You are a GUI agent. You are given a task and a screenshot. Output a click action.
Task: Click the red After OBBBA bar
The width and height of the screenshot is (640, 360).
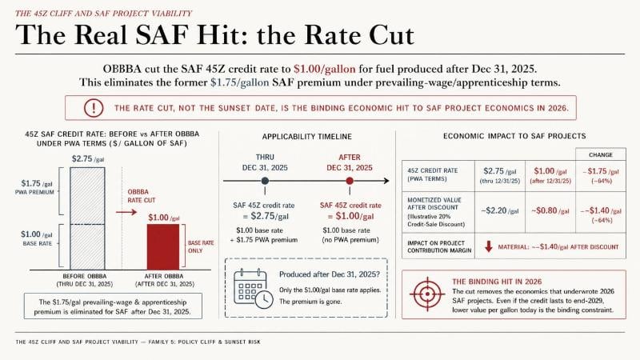click(163, 247)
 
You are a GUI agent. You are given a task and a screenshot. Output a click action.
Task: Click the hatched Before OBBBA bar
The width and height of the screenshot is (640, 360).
click(87, 218)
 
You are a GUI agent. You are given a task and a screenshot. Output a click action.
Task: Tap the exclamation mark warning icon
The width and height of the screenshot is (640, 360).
click(94, 108)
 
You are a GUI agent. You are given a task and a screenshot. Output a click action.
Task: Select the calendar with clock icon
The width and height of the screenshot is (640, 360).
click(253, 288)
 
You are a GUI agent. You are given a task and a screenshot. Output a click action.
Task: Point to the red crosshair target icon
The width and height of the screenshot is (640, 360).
click(427, 294)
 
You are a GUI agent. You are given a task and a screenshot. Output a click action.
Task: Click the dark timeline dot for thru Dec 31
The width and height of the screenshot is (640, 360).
click(265, 181)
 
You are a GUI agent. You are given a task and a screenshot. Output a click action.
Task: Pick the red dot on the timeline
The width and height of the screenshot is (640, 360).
click(350, 181)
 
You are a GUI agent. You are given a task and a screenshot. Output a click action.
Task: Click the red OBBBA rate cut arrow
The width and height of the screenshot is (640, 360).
click(126, 212)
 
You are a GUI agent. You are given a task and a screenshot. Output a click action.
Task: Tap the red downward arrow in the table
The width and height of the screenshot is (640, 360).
click(488, 246)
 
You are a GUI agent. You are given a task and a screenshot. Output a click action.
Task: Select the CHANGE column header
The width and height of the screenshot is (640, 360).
click(601, 154)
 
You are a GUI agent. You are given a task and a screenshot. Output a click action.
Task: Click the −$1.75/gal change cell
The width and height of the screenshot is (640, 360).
click(601, 175)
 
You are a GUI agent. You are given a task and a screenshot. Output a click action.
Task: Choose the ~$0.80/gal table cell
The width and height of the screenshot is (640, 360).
click(550, 210)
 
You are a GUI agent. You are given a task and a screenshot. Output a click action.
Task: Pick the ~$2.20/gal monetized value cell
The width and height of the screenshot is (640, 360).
click(499, 210)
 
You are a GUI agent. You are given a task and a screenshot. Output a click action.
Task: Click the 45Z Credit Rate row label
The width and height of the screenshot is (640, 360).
click(433, 174)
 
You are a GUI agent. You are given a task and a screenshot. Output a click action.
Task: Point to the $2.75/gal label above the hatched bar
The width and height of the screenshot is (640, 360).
click(88, 158)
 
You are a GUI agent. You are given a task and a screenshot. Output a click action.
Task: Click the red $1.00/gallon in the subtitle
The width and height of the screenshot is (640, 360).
click(325, 69)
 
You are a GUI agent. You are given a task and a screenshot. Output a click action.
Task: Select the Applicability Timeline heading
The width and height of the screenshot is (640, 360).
click(307, 137)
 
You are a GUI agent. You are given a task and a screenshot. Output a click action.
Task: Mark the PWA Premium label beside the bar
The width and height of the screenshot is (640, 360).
click(34, 192)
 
